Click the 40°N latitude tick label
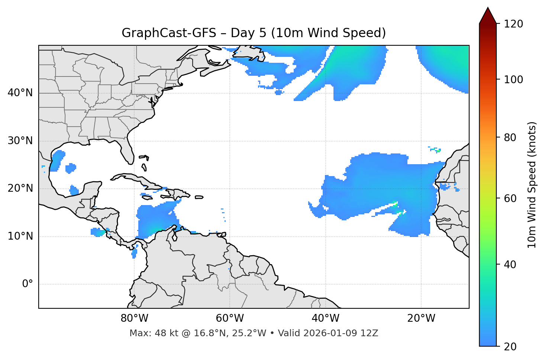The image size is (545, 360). [20, 93]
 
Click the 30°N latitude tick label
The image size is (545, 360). [20, 141]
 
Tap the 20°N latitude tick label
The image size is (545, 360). [20, 188]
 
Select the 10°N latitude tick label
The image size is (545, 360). [20, 236]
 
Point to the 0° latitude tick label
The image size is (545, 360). [28, 284]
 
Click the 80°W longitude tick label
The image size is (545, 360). [134, 318]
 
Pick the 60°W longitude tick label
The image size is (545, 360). [230, 318]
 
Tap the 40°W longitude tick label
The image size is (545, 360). [325, 318]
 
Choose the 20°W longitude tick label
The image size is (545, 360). [421, 318]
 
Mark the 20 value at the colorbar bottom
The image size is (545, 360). [510, 347]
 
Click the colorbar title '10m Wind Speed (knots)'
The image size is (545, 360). [532, 185]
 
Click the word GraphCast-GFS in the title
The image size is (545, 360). [169, 33]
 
